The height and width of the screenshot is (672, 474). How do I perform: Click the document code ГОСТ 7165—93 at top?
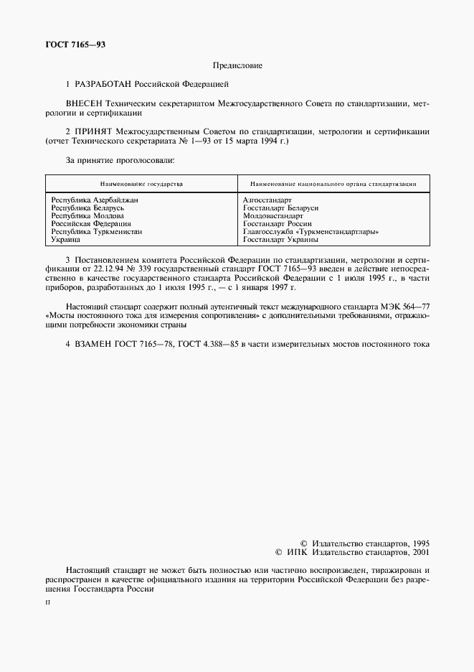tap(75, 45)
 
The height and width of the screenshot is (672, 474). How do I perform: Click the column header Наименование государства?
tap(141, 185)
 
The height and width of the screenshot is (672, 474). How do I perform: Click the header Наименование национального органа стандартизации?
tap(333, 185)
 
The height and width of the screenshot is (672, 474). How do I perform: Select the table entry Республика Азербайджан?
tap(95, 200)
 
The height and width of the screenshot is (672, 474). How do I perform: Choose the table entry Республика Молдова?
tap(87, 215)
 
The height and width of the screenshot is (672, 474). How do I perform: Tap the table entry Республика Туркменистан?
tap(97, 232)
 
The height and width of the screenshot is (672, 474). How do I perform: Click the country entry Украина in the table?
tap(66, 240)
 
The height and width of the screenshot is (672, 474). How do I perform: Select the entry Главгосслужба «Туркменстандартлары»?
tap(311, 232)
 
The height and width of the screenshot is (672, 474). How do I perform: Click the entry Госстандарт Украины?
tap(280, 240)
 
